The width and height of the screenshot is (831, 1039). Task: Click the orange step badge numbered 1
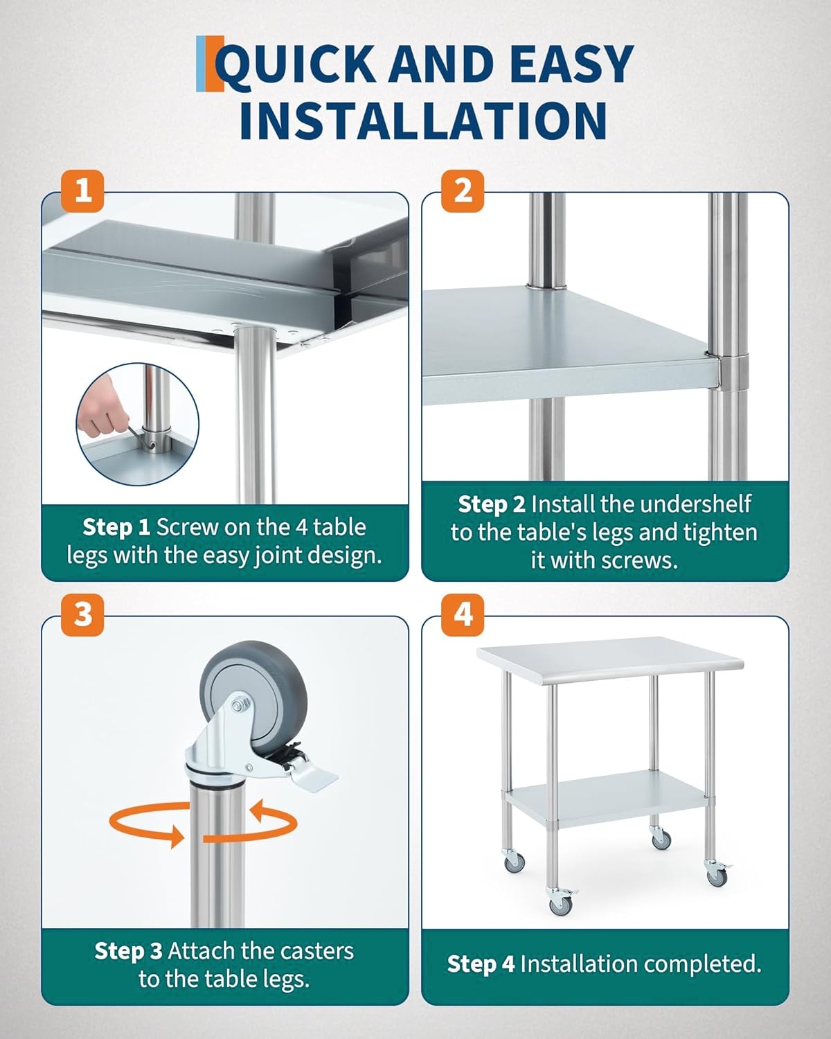[x=82, y=191]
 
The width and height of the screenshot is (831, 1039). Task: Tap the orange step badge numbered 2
[x=463, y=191]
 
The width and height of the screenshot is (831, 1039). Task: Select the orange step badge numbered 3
[x=82, y=614]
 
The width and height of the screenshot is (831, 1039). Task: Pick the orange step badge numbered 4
[x=463, y=614]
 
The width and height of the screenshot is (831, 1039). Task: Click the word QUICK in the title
[x=296, y=65]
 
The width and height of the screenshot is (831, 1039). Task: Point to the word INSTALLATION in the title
[x=423, y=121]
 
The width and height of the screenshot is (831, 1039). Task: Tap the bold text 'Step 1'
[x=116, y=526]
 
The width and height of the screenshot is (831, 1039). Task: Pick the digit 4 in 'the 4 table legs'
[x=301, y=527]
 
